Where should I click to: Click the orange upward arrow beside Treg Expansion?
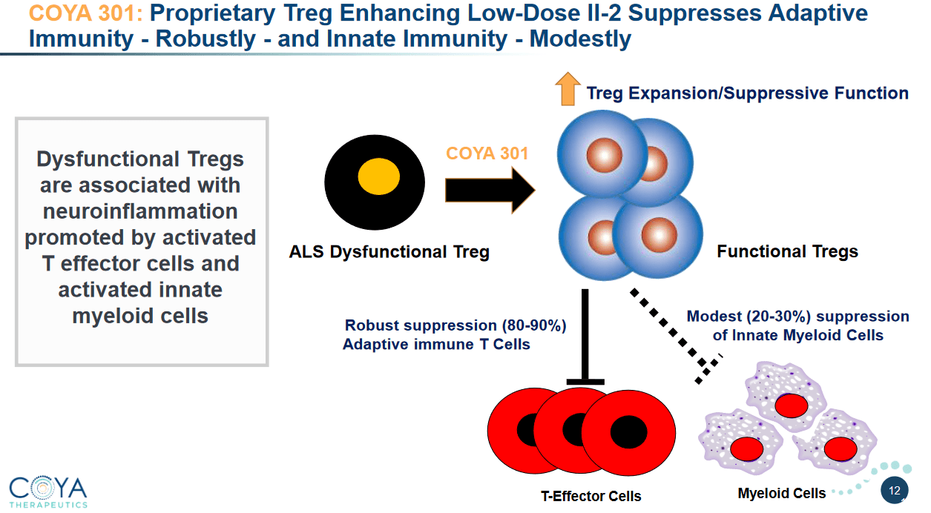(x=568, y=90)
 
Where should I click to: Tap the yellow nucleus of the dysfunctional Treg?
(x=379, y=179)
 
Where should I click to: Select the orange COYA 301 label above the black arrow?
(x=487, y=153)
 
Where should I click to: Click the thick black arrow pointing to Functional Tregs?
(x=489, y=190)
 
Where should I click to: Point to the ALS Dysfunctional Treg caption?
(x=389, y=252)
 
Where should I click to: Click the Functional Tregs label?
(x=787, y=252)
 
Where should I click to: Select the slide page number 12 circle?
(x=894, y=490)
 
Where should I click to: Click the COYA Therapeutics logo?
(x=48, y=490)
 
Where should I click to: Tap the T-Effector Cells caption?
(x=590, y=496)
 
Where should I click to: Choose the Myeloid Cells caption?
(x=782, y=493)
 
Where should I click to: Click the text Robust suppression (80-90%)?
(x=455, y=325)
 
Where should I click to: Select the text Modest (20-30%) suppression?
(x=797, y=317)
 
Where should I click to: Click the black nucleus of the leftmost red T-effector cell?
(x=530, y=428)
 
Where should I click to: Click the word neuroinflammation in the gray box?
(x=140, y=211)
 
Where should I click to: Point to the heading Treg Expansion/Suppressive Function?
(x=747, y=93)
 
